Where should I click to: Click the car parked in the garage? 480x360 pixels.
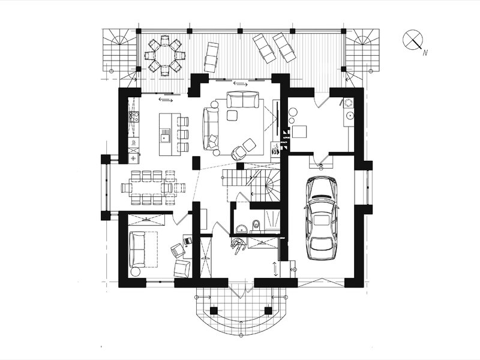click(x=322, y=218)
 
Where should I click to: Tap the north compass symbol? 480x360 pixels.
click(x=413, y=40)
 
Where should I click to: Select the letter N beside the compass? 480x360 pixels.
click(x=425, y=53)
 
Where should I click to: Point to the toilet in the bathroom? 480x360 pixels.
click(x=256, y=224)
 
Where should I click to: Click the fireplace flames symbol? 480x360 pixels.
click(x=275, y=149)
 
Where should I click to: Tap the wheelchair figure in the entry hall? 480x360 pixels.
click(x=238, y=245)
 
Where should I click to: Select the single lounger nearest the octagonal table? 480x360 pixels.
click(x=211, y=57)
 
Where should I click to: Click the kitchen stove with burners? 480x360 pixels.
click(x=134, y=117)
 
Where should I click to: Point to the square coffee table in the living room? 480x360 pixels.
click(x=232, y=115)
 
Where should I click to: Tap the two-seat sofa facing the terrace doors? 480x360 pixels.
click(x=243, y=100)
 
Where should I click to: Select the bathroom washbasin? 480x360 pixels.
click(x=242, y=229)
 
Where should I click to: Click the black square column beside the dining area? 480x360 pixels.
click(x=196, y=163)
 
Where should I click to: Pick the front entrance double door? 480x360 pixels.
click(x=241, y=288)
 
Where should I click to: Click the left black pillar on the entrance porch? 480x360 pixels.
click(x=214, y=311)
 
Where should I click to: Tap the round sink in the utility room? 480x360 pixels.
click(x=349, y=115)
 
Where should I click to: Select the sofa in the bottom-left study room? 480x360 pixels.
click(x=137, y=249)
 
